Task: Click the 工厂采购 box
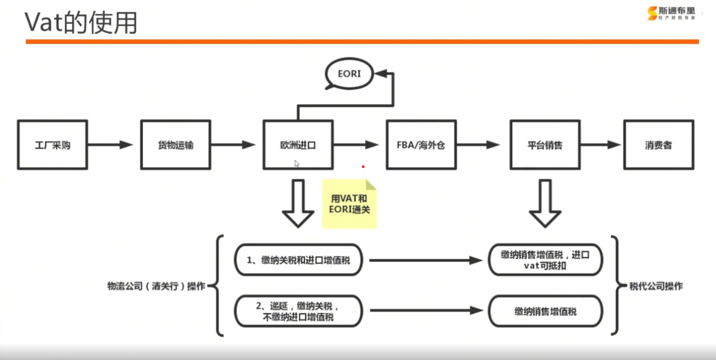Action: [52, 145]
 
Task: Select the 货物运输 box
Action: [175, 145]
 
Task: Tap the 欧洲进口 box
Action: [298, 145]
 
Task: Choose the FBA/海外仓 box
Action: [421, 145]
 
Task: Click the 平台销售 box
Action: [545, 145]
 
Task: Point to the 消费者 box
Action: [658, 145]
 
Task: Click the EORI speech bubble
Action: [349, 73]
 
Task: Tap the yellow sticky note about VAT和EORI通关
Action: [349, 204]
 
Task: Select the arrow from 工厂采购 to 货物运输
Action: [110, 145]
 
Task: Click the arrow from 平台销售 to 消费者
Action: [600, 145]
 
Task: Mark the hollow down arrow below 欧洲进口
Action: [298, 203]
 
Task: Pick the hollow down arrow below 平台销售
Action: [545, 203]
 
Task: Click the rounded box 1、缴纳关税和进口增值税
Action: [298, 260]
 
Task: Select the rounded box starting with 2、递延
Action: [298, 311]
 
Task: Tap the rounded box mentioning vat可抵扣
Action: [545, 260]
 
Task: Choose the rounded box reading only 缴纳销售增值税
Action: [545, 311]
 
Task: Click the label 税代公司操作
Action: [656, 286]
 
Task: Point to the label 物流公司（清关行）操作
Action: [156, 286]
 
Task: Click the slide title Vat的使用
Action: [81, 22]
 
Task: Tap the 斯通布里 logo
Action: [671, 13]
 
